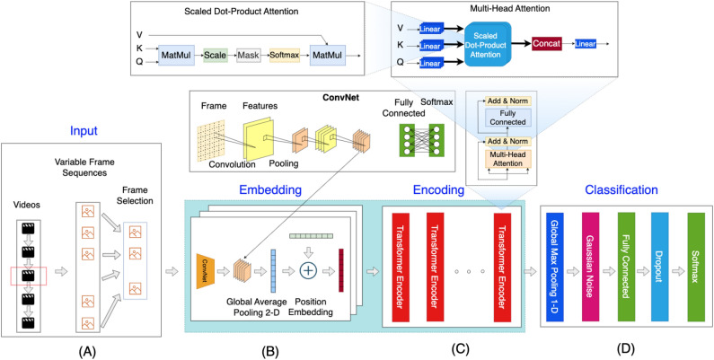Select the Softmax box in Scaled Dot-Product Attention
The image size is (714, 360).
point(284,56)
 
